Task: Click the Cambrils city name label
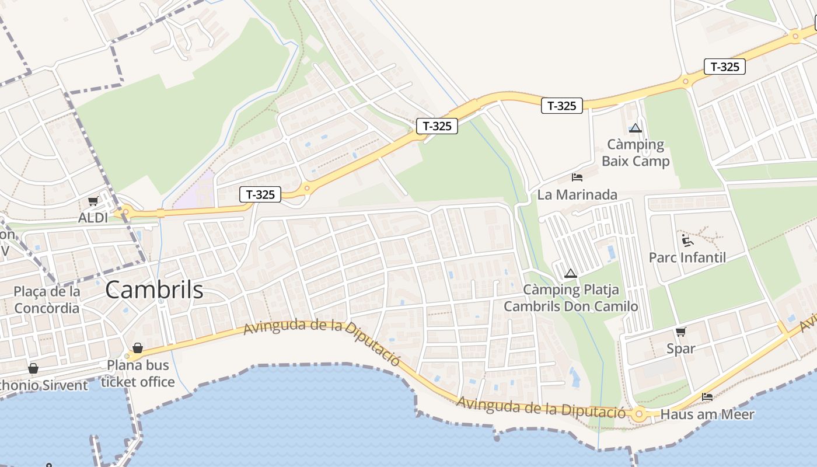click(155, 290)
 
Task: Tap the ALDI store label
click(93, 218)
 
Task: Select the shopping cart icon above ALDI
click(93, 201)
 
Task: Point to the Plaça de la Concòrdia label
click(47, 299)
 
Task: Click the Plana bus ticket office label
click(138, 374)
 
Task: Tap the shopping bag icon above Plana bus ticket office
click(138, 348)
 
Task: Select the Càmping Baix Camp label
click(636, 152)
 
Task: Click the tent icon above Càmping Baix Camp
click(636, 128)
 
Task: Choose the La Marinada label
click(577, 194)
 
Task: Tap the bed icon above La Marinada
click(577, 177)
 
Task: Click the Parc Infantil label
click(687, 257)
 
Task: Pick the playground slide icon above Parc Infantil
click(687, 240)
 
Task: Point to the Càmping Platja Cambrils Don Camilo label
click(571, 298)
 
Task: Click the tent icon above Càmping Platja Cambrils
click(571, 273)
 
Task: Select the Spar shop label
click(681, 348)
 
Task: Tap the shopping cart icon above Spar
click(680, 332)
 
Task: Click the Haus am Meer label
click(707, 414)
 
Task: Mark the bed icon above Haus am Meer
click(707, 398)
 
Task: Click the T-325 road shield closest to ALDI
click(260, 194)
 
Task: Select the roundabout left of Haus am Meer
click(638, 414)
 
